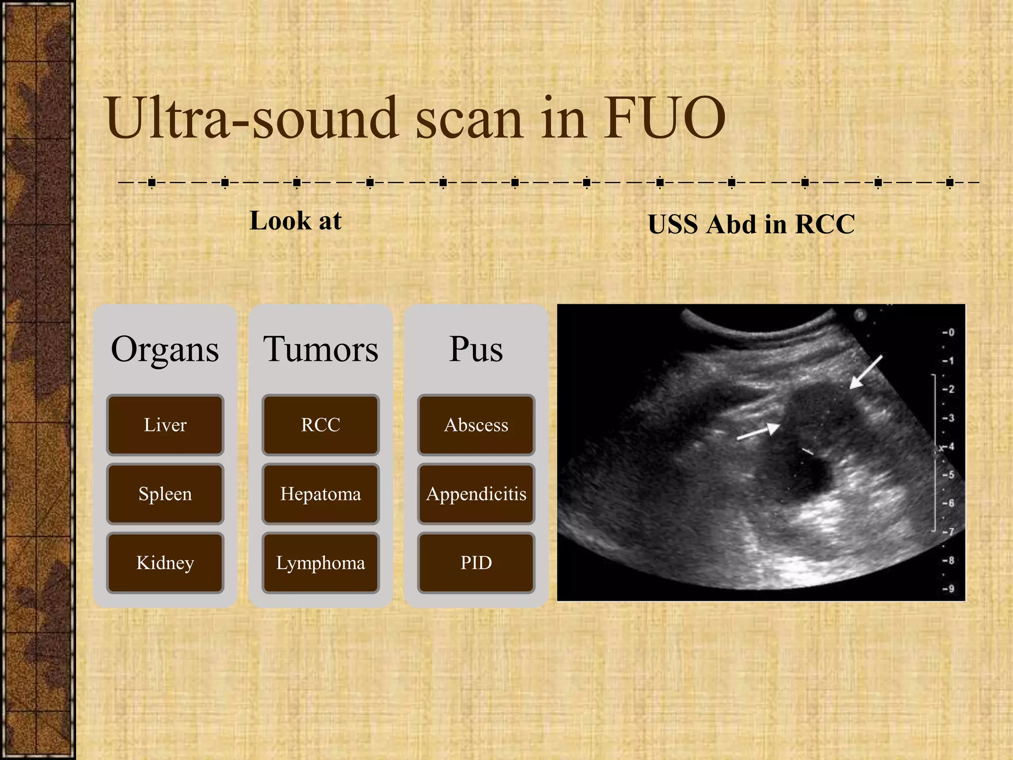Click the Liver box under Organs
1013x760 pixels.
tap(165, 425)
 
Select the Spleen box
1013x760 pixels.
tap(165, 494)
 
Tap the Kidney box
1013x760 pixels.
tap(165, 563)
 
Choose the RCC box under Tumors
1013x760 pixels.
tap(321, 425)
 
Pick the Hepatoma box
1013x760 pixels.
tap(321, 494)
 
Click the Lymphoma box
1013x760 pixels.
tap(321, 563)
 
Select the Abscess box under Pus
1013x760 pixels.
tap(476, 425)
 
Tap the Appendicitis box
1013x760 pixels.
tap(476, 494)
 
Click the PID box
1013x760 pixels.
tap(476, 563)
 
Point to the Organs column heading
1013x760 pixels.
tap(165, 349)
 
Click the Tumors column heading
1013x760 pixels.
tap(321, 349)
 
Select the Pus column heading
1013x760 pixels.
tap(476, 349)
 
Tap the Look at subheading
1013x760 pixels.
tap(295, 221)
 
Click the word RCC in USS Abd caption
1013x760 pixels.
tap(825, 224)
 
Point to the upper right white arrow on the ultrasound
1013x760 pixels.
tap(865, 372)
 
